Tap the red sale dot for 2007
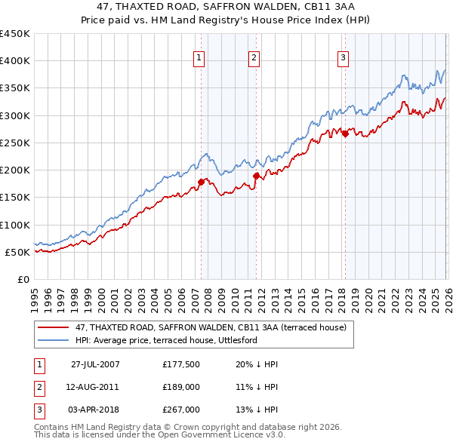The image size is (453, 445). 202,182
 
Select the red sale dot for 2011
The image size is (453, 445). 256,176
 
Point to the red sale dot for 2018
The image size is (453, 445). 345,133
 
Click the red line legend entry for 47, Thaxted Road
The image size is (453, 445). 211,327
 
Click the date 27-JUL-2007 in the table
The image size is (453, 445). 95,364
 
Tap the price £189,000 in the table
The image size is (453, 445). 180,387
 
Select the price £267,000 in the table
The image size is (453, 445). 180,410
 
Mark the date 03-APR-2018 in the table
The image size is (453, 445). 95,410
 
